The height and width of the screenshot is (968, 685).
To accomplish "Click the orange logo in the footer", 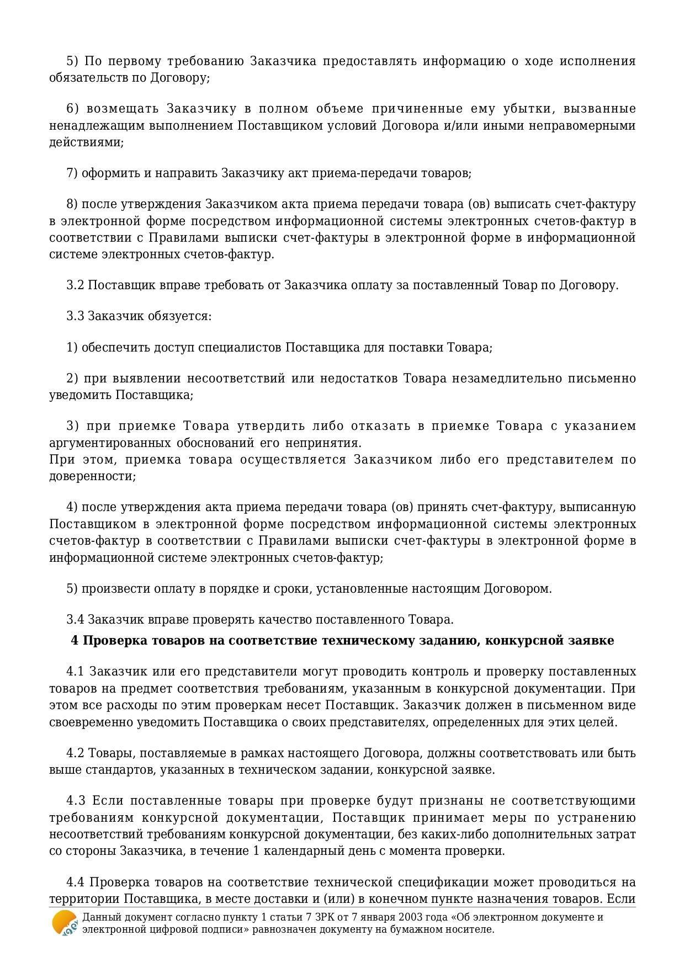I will pyautogui.click(x=65, y=922).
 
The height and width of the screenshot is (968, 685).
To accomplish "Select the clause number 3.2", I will pyautogui.click(x=75, y=285).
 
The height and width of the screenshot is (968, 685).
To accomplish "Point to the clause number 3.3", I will pyautogui.click(x=75, y=316).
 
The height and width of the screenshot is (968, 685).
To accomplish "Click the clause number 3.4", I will pyautogui.click(x=75, y=620).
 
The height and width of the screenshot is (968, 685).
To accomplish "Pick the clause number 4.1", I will pyautogui.click(x=75, y=672).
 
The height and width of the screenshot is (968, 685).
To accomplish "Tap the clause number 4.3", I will pyautogui.click(x=75, y=801).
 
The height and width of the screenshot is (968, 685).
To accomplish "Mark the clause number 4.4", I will pyautogui.click(x=75, y=882).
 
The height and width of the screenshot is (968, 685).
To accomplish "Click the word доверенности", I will pyautogui.click(x=92, y=476).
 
